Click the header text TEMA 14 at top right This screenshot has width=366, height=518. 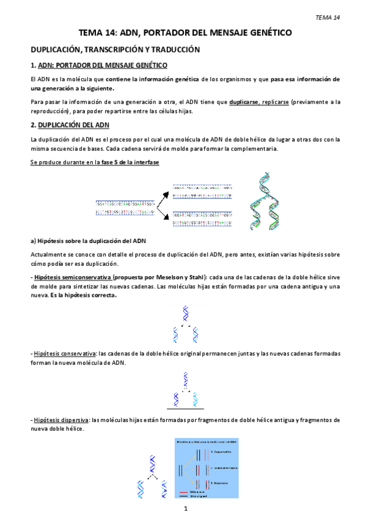coord(328,16)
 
